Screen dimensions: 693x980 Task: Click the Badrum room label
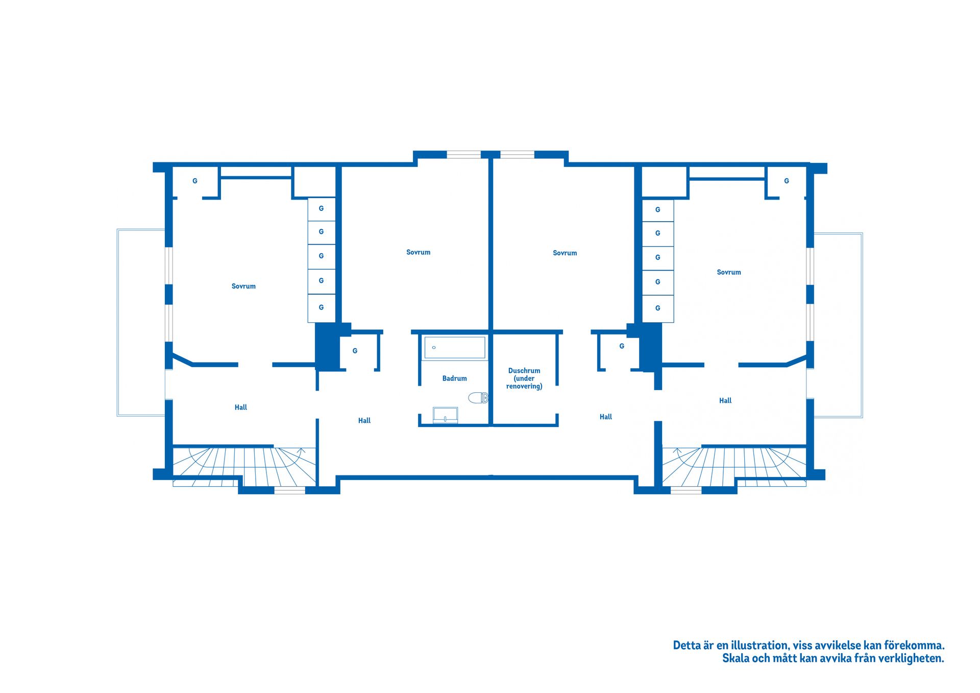(x=454, y=378)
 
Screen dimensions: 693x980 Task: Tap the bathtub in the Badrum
(x=454, y=347)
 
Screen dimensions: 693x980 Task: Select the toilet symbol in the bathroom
(x=478, y=398)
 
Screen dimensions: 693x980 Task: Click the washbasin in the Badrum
(x=445, y=415)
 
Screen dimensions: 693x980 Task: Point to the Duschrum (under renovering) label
(x=524, y=378)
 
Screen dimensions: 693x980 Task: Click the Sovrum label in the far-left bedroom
(x=243, y=286)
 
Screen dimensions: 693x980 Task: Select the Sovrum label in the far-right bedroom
(x=728, y=272)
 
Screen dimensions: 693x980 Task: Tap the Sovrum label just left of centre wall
(x=418, y=252)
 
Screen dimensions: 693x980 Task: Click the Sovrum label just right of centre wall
(x=565, y=253)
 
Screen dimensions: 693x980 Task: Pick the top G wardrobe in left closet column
(x=321, y=209)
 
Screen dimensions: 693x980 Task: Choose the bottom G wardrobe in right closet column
(x=657, y=308)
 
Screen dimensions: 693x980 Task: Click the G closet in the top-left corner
(x=194, y=181)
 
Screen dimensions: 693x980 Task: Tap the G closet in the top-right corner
(x=786, y=181)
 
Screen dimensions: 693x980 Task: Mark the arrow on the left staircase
(x=301, y=451)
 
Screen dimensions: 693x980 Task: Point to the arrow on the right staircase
(x=678, y=451)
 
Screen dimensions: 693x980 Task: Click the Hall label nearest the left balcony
(x=240, y=408)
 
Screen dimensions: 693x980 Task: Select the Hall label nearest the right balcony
(x=725, y=401)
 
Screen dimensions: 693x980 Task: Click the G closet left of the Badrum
(x=355, y=351)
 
